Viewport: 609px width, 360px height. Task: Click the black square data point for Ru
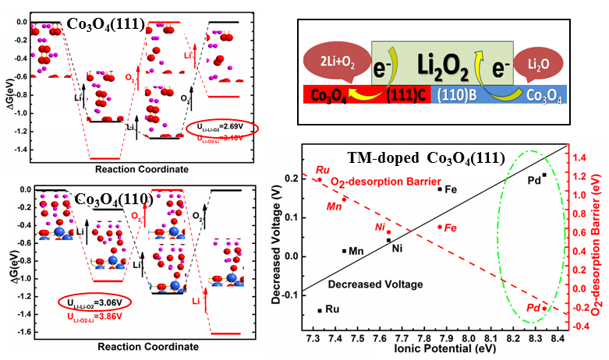click(320, 310)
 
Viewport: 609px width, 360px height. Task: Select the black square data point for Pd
click(544, 175)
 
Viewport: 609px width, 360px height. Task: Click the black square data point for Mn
click(345, 251)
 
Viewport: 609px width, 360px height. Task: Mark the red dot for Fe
click(440, 227)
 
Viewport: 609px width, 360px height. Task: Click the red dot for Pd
click(544, 308)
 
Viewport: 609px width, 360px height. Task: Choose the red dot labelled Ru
click(320, 180)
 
